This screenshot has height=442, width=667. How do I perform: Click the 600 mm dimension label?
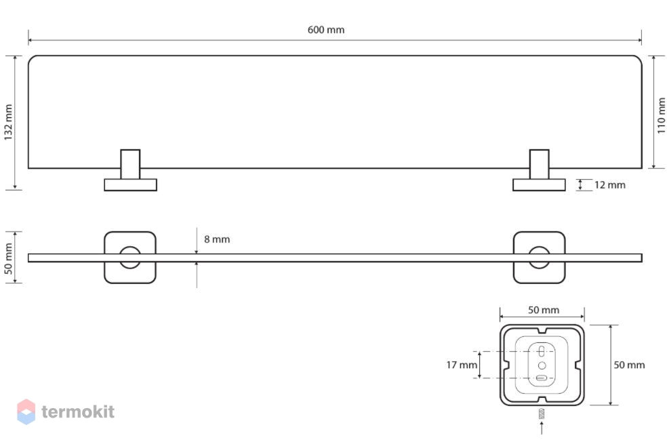[x=326, y=30]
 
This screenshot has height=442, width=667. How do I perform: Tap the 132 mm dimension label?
[x=9, y=123]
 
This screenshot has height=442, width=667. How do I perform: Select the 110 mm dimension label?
[x=661, y=115]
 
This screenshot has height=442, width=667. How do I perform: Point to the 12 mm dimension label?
[x=609, y=185]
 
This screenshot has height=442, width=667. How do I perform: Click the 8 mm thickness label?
[x=217, y=239]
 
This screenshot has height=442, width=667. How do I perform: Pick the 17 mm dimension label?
[x=462, y=365]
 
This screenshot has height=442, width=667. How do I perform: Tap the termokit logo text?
[x=78, y=411]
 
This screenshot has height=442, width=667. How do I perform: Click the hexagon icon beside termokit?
[x=26, y=411]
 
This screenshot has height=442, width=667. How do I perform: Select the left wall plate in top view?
[x=131, y=184]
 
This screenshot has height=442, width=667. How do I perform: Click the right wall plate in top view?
[x=539, y=184]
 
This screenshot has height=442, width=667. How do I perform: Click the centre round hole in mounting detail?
[x=542, y=365]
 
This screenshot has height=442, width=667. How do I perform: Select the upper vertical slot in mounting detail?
[x=542, y=351]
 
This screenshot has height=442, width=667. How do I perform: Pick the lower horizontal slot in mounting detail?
[x=542, y=378]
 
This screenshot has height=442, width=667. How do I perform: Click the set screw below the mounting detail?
[x=542, y=414]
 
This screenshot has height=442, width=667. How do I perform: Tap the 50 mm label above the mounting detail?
[x=544, y=310]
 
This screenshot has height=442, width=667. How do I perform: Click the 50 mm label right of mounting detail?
[x=629, y=365]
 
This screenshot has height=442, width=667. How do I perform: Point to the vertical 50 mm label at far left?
[x=9, y=259]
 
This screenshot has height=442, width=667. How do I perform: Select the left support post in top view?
[x=130, y=164]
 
